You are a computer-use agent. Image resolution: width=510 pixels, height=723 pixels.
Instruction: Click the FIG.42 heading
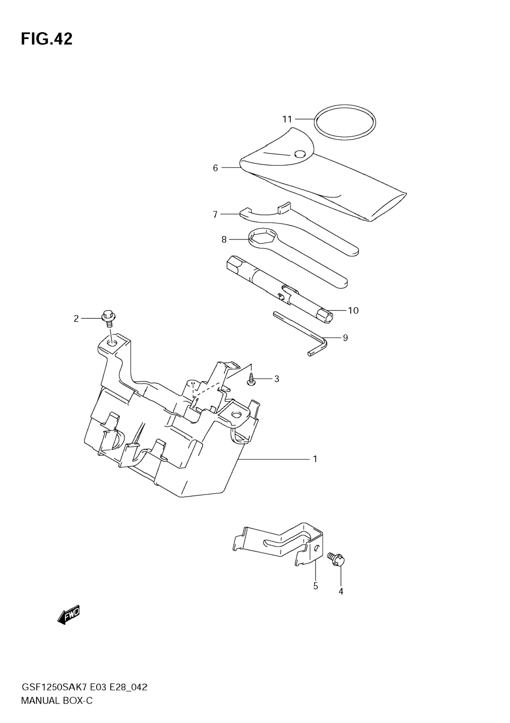pyautogui.click(x=47, y=39)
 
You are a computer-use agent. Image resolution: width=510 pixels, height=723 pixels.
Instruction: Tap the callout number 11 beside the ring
pyautogui.click(x=287, y=119)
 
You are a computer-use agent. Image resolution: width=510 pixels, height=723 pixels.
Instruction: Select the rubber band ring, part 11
pyautogui.click(x=345, y=122)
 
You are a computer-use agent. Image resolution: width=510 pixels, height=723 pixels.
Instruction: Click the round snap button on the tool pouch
pyautogui.click(x=300, y=154)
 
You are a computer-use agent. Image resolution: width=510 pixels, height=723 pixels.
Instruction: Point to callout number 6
pyautogui.click(x=215, y=168)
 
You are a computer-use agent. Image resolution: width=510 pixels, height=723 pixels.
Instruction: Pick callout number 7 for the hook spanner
pyautogui.click(x=215, y=215)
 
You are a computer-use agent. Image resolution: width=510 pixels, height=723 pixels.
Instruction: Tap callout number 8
pyautogui.click(x=224, y=240)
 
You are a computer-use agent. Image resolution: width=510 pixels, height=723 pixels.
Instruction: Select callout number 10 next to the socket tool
pyautogui.click(x=353, y=311)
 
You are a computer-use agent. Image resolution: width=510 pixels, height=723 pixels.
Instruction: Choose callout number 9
pyautogui.click(x=345, y=338)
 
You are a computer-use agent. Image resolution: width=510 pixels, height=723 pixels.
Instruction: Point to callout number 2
pyautogui.click(x=76, y=319)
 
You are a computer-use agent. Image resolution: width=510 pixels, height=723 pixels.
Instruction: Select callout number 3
pyautogui.click(x=277, y=379)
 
